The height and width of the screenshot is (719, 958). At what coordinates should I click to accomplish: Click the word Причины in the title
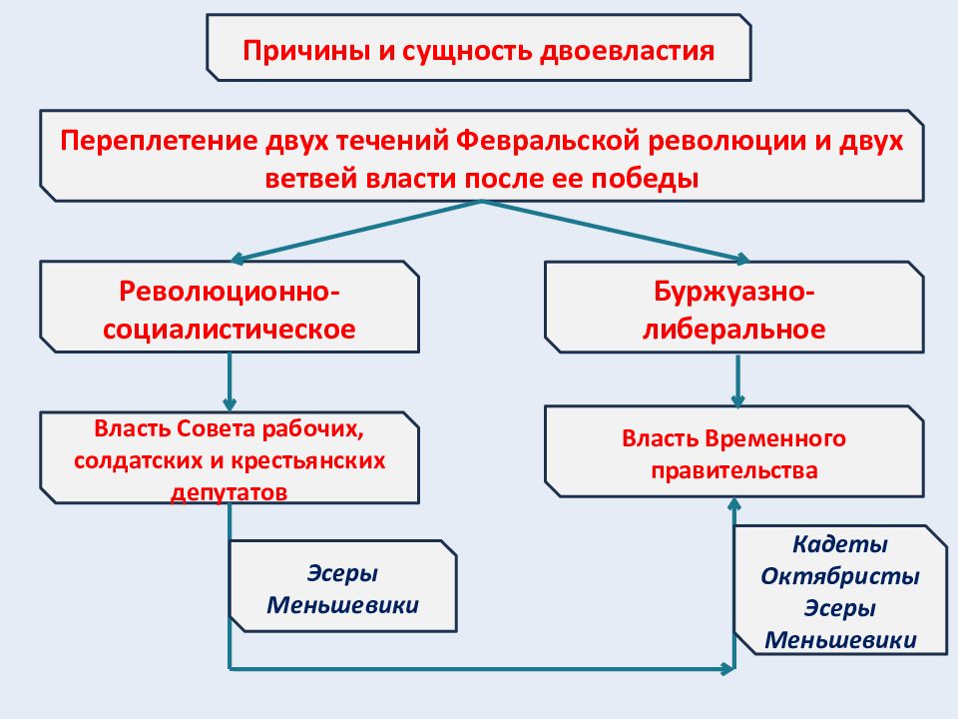[x=306, y=51]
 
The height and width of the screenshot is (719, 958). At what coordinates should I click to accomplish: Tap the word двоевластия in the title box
[x=627, y=51]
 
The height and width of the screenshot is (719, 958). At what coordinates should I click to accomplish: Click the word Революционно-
[x=230, y=291]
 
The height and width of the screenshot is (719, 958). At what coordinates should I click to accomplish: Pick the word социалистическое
[x=230, y=329]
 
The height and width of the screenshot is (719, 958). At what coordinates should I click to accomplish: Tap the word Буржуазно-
[x=734, y=292]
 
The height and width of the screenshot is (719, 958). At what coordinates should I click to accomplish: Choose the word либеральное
[x=733, y=329]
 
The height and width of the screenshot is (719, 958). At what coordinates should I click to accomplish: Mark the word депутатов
[x=230, y=492]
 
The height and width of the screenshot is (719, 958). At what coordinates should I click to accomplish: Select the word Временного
[x=775, y=438]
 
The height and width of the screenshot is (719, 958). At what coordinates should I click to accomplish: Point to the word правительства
[x=733, y=470]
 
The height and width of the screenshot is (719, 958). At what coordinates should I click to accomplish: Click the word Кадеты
[x=840, y=544]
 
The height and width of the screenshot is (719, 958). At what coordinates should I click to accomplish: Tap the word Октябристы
[x=840, y=576]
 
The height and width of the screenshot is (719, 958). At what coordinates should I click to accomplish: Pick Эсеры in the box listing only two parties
[x=342, y=573]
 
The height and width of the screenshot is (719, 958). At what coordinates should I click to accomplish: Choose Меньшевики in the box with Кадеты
[x=840, y=640]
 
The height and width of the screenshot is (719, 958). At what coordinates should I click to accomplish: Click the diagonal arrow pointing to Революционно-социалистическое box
[x=356, y=231]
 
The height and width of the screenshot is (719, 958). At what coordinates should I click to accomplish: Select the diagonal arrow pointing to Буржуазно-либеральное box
[x=616, y=231]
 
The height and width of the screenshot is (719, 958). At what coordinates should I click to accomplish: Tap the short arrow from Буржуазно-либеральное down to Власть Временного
[x=737, y=380]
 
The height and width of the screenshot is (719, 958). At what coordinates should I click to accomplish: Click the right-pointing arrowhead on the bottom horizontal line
[x=727, y=669]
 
